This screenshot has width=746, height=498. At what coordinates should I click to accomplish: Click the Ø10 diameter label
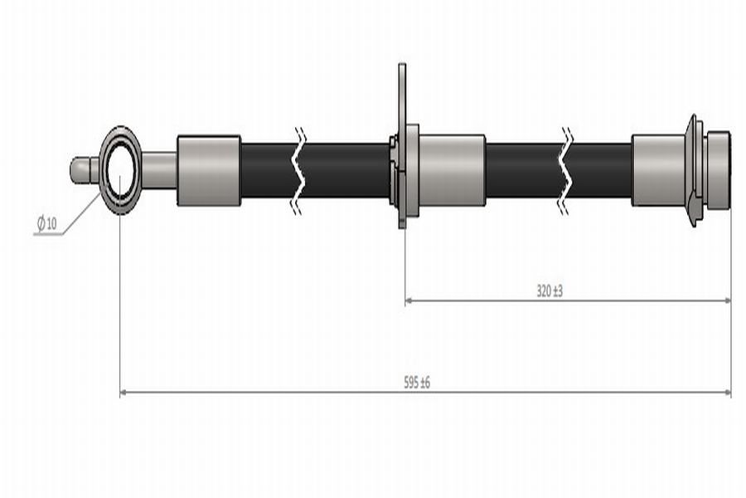(x=46, y=222)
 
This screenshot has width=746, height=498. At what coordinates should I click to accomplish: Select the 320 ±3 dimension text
(x=550, y=290)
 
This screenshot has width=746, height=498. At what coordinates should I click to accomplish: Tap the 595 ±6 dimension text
(x=417, y=382)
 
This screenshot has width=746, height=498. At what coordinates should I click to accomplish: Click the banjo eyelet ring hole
(x=120, y=170)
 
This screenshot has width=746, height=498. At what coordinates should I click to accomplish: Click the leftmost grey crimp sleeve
(x=209, y=171)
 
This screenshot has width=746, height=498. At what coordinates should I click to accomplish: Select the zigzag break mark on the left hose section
(x=299, y=171)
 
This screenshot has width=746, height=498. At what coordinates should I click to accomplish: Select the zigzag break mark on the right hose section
(x=566, y=171)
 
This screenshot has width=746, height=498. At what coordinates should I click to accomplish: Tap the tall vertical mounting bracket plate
(x=402, y=145)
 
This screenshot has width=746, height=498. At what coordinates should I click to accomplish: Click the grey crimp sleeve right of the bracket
(x=452, y=171)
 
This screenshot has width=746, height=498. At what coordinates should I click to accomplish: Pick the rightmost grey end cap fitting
(x=719, y=171)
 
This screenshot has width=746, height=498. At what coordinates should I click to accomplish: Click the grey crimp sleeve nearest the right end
(x=658, y=171)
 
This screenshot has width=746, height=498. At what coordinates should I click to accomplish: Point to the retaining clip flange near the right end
(x=693, y=171)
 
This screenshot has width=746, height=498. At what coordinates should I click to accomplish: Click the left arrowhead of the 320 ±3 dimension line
(x=408, y=300)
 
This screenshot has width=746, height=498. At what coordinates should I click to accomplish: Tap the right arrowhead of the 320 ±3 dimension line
(x=727, y=300)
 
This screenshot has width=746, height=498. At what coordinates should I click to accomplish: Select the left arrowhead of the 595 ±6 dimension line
(x=124, y=393)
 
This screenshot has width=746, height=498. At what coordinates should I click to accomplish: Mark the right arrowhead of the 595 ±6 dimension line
(x=727, y=393)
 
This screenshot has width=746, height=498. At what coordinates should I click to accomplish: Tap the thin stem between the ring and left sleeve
(x=159, y=170)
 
